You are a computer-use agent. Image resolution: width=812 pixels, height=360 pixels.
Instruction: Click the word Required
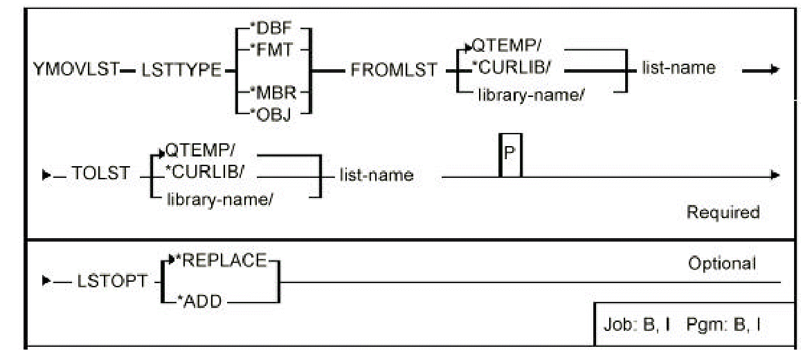(x=722, y=213)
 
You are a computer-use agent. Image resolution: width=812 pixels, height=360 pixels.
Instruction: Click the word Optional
(x=722, y=263)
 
